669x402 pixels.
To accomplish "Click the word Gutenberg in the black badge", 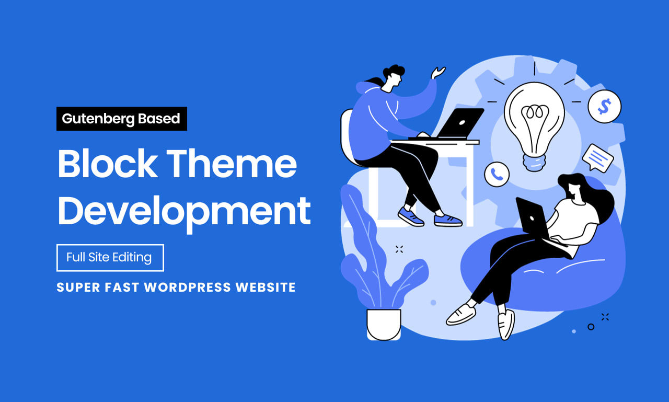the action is (98, 119).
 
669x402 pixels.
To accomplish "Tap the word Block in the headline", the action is (108, 164).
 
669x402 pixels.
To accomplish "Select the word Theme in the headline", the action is (232, 164).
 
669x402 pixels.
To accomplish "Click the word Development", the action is (184, 213).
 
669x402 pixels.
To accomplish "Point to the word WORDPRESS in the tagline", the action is (188, 288).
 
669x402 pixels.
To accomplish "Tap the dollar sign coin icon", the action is (605, 106).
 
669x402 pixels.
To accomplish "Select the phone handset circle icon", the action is (497, 175).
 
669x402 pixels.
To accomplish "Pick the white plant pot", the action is (384, 325).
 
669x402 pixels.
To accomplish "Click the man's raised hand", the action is (437, 73).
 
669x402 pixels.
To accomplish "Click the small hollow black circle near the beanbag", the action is (591, 327).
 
